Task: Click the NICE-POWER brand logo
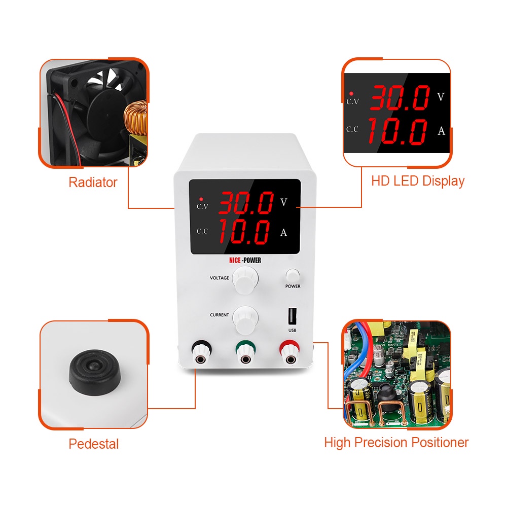(245, 261)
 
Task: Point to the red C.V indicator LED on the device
(202, 198)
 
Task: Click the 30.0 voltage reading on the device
(246, 203)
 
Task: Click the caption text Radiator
(93, 183)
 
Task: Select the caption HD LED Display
(418, 181)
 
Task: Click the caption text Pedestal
(94, 444)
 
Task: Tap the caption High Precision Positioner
(396, 443)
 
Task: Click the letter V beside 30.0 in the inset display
(441, 97)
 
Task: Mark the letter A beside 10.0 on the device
(283, 233)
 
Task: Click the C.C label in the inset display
(352, 129)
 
